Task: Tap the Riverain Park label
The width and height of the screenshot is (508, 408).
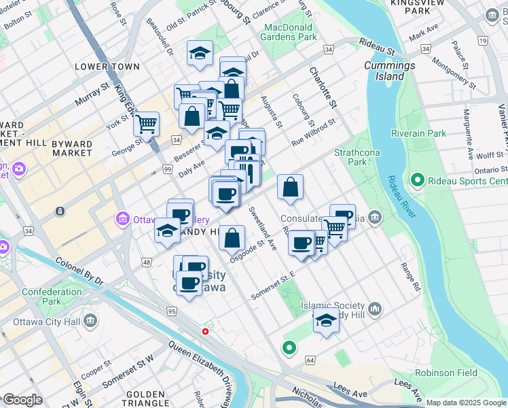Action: point(418,133)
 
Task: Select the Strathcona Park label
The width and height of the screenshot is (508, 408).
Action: point(350,157)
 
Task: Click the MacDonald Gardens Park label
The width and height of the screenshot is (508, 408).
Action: point(290,32)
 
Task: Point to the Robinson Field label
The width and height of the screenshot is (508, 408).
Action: point(446,373)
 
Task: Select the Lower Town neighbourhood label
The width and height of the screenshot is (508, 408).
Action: point(107,67)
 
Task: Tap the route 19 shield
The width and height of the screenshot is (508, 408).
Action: point(483,41)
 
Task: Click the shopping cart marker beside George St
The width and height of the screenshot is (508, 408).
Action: point(146,124)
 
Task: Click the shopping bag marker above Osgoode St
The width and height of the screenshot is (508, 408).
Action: point(232,238)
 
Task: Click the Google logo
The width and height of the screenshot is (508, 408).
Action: point(22,400)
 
